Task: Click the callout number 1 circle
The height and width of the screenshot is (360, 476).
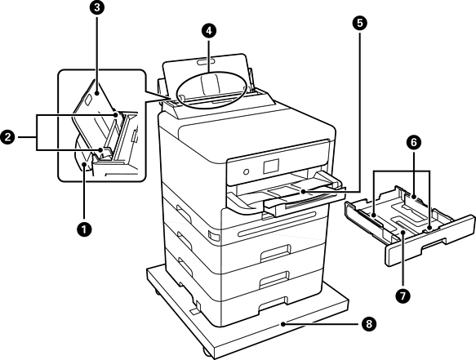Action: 84,229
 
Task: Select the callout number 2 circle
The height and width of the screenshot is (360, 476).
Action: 7,137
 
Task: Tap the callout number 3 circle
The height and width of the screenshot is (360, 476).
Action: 97,8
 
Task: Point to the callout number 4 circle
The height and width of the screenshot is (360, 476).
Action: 209,31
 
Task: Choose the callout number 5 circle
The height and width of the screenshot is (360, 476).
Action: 360,24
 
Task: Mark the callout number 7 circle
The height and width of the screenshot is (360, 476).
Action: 403,296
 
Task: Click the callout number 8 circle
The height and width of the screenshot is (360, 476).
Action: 369,324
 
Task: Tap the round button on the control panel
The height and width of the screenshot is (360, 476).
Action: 247,171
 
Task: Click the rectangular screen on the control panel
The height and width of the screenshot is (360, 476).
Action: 271,166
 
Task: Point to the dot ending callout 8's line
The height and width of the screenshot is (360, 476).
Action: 282,324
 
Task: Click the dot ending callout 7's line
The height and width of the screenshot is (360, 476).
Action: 403,232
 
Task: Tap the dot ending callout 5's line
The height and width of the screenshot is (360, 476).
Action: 303,192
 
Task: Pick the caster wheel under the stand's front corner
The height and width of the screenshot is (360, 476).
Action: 207,353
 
